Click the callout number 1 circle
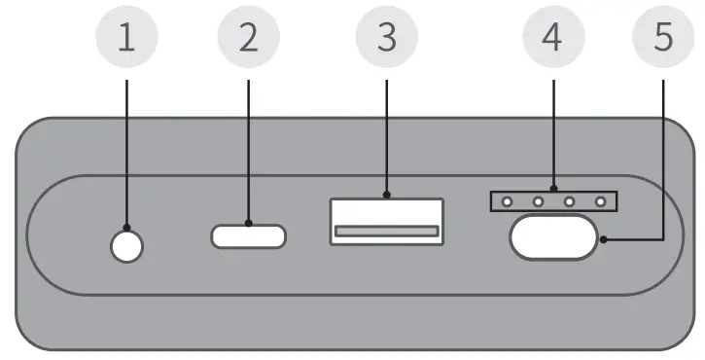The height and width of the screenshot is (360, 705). [x=126, y=38]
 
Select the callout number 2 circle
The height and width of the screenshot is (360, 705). [x=248, y=38]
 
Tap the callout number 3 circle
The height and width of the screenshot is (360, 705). [x=386, y=38]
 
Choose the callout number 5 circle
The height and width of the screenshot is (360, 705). [x=664, y=38]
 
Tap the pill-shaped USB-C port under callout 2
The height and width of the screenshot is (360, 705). [x=249, y=234]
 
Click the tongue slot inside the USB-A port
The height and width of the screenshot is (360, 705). [x=386, y=232]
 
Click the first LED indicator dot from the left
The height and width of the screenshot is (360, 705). [x=506, y=201]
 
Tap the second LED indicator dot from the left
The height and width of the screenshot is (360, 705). [x=537, y=201]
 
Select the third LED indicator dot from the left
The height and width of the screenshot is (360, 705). [x=569, y=201]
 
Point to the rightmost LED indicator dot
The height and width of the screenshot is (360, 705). [x=601, y=201]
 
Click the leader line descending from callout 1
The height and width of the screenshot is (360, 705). [x=126, y=146]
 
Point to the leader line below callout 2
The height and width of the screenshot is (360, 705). [x=248, y=146]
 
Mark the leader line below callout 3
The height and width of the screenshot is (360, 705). [x=386, y=136]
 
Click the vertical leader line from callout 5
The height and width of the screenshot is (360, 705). [x=664, y=156]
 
